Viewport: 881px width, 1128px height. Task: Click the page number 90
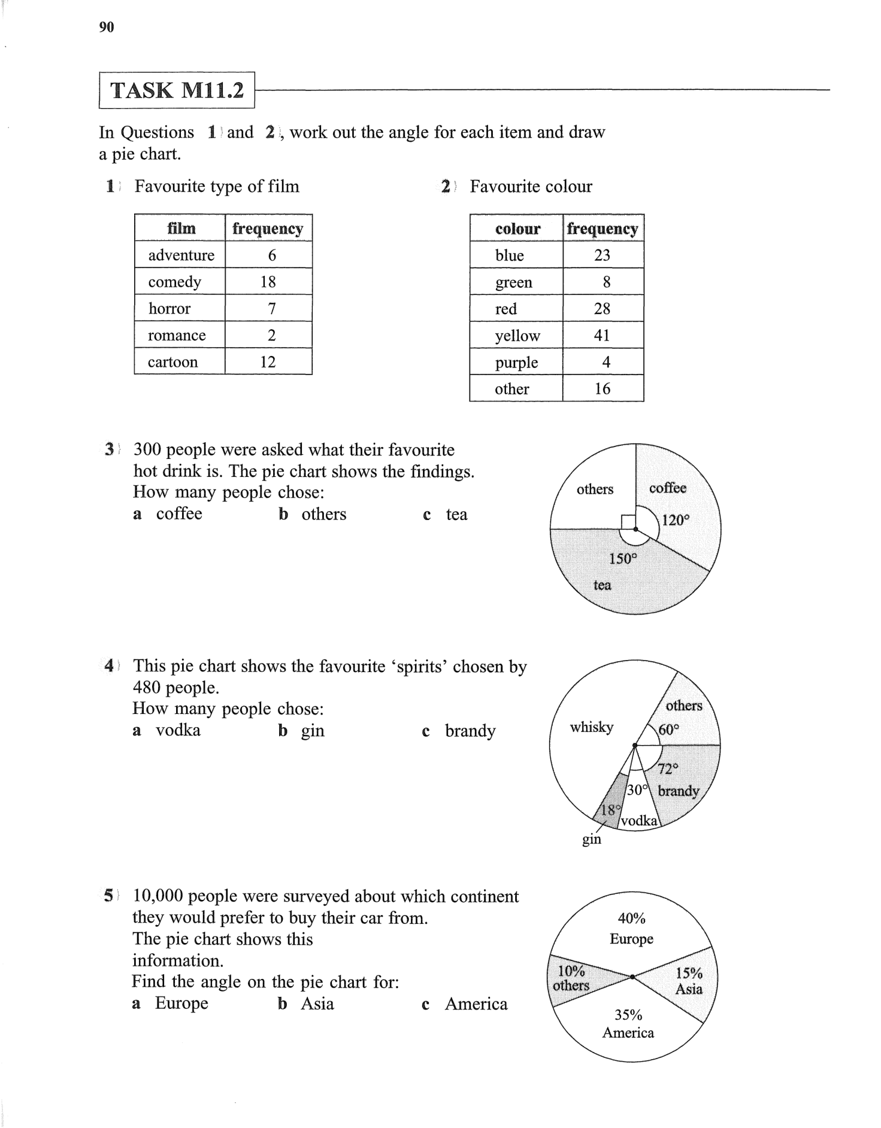click(x=107, y=27)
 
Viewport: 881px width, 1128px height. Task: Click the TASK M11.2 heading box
click(x=177, y=90)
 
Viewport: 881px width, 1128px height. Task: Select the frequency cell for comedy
click(x=268, y=282)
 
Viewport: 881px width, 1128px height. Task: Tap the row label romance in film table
click(x=177, y=335)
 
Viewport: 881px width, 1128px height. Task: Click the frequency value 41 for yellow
click(x=602, y=336)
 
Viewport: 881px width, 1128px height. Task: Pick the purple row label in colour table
click(x=516, y=363)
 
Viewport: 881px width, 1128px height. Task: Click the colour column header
click(x=517, y=229)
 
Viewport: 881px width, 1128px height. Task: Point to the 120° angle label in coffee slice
click(x=676, y=520)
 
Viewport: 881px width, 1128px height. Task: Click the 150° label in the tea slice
click(x=623, y=559)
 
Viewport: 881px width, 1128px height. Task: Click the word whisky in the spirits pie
click(x=592, y=727)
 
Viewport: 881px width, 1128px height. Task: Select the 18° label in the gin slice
click(x=610, y=810)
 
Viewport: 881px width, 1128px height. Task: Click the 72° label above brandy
click(x=668, y=768)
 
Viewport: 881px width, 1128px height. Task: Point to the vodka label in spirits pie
click(x=639, y=821)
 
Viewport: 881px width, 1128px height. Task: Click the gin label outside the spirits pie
click(x=592, y=840)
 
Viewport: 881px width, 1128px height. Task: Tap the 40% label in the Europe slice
click(x=631, y=918)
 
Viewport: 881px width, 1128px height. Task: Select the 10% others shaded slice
click(x=571, y=978)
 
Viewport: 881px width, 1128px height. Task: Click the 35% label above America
click(x=628, y=1015)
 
